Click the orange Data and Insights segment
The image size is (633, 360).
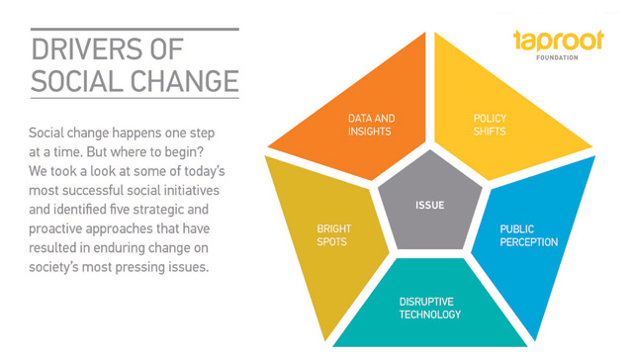[363, 121]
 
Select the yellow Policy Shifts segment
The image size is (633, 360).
[497, 121]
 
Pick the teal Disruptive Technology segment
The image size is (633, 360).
[430, 307]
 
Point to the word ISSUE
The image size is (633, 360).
[430, 205]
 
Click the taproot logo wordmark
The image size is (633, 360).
[559, 41]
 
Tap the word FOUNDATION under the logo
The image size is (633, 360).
[557, 57]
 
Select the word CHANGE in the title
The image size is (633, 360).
[185, 81]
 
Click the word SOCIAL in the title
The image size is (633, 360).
[77, 81]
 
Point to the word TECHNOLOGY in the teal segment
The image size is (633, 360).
[430, 315]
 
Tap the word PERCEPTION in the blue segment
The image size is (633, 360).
[529, 242]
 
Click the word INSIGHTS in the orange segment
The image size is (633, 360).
[369, 132]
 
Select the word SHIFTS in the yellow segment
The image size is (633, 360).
[490, 132]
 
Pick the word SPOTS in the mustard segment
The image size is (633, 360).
[332, 241]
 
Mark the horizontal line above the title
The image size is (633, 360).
[135, 29]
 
